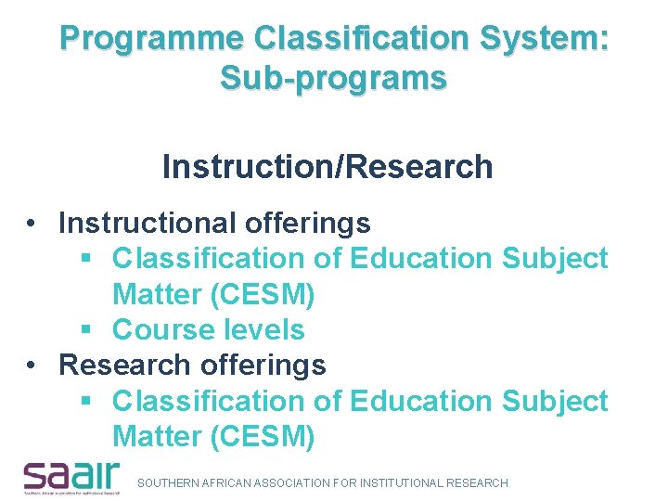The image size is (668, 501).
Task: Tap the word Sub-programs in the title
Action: (x=333, y=79)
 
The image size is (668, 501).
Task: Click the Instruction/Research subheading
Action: (x=327, y=167)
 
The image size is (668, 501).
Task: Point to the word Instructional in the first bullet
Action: (x=148, y=223)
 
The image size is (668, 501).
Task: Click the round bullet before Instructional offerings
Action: (x=32, y=224)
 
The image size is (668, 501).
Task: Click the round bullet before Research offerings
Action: (x=32, y=366)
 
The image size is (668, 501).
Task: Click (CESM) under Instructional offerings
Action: (x=263, y=295)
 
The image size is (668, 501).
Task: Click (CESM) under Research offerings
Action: (x=263, y=437)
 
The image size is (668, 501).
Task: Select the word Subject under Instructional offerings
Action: (x=554, y=259)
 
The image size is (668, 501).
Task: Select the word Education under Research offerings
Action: (x=421, y=402)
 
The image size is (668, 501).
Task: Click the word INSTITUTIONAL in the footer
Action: (x=401, y=483)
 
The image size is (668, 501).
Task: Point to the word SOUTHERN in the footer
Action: (x=167, y=483)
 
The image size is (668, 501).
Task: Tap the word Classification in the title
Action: (x=358, y=39)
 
